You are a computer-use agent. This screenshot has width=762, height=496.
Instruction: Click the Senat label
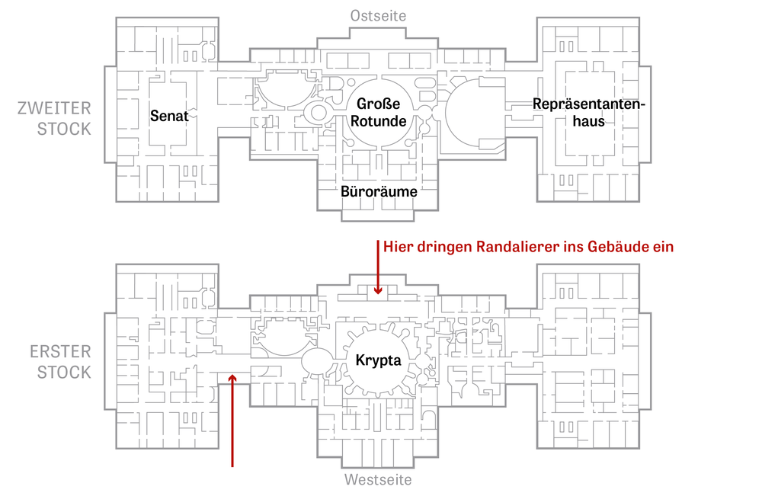(x=169, y=116)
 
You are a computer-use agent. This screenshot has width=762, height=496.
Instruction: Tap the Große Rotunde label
(x=378, y=112)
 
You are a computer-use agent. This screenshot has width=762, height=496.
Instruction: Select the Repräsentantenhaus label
(x=588, y=112)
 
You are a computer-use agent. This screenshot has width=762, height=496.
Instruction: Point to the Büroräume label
(x=379, y=191)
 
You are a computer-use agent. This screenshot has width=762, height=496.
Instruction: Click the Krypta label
(x=379, y=360)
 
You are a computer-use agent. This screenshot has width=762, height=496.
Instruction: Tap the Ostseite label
(x=378, y=15)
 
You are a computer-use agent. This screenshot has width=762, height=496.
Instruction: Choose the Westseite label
(x=378, y=479)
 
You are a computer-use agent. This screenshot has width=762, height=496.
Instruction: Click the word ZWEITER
(x=54, y=108)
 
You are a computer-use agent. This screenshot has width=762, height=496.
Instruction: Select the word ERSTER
(x=60, y=351)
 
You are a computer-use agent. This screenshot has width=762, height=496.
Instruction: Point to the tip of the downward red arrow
(x=378, y=294)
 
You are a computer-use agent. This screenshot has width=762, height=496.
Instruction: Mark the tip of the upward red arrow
(x=232, y=375)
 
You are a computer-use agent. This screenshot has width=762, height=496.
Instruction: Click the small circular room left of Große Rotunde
(x=319, y=113)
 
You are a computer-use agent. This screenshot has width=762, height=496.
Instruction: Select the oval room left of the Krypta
(x=317, y=361)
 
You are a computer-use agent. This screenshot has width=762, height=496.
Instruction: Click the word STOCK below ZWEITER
(x=64, y=130)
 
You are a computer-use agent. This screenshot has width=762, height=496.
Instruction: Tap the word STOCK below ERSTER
(x=64, y=372)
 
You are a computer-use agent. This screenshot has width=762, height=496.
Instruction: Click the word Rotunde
(x=378, y=121)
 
